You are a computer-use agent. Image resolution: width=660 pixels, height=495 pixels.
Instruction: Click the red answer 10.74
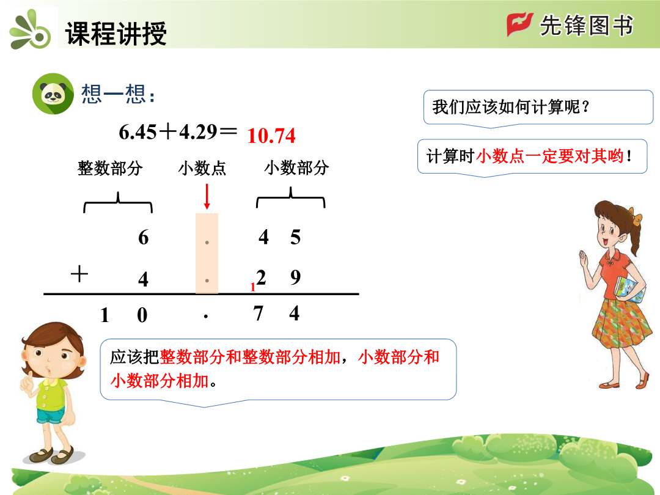(271, 136)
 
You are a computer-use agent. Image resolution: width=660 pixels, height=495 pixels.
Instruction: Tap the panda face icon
(53, 94)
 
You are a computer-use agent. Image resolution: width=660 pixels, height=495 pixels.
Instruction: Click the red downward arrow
(207, 197)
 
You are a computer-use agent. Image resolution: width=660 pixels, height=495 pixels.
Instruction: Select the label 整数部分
(110, 168)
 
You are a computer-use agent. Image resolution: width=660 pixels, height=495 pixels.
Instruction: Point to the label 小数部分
(296, 167)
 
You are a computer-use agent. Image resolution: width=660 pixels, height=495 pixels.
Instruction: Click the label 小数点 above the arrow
(202, 168)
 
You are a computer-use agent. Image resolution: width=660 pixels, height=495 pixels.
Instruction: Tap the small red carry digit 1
(252, 287)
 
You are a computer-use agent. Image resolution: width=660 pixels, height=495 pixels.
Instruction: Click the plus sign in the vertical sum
(79, 274)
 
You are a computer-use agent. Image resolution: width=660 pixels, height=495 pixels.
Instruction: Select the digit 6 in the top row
(143, 237)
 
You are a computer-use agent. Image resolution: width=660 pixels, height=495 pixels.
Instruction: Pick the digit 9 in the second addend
(296, 277)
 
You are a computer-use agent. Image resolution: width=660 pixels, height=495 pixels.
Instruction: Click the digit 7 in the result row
(258, 313)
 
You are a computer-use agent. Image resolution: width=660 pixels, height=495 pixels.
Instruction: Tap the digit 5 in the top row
(296, 237)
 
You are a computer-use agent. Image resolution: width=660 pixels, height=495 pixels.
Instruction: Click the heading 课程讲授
(116, 33)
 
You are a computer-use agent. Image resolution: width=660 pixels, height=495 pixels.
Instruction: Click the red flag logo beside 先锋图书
(519, 24)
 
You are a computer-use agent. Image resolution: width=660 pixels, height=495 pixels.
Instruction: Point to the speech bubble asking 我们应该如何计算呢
(538, 108)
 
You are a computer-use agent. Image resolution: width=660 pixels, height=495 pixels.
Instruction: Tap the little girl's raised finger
(26, 380)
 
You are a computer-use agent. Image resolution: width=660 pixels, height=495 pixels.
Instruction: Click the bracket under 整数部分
(118, 202)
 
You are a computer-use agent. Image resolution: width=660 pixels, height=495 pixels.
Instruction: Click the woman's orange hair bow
(636, 217)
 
